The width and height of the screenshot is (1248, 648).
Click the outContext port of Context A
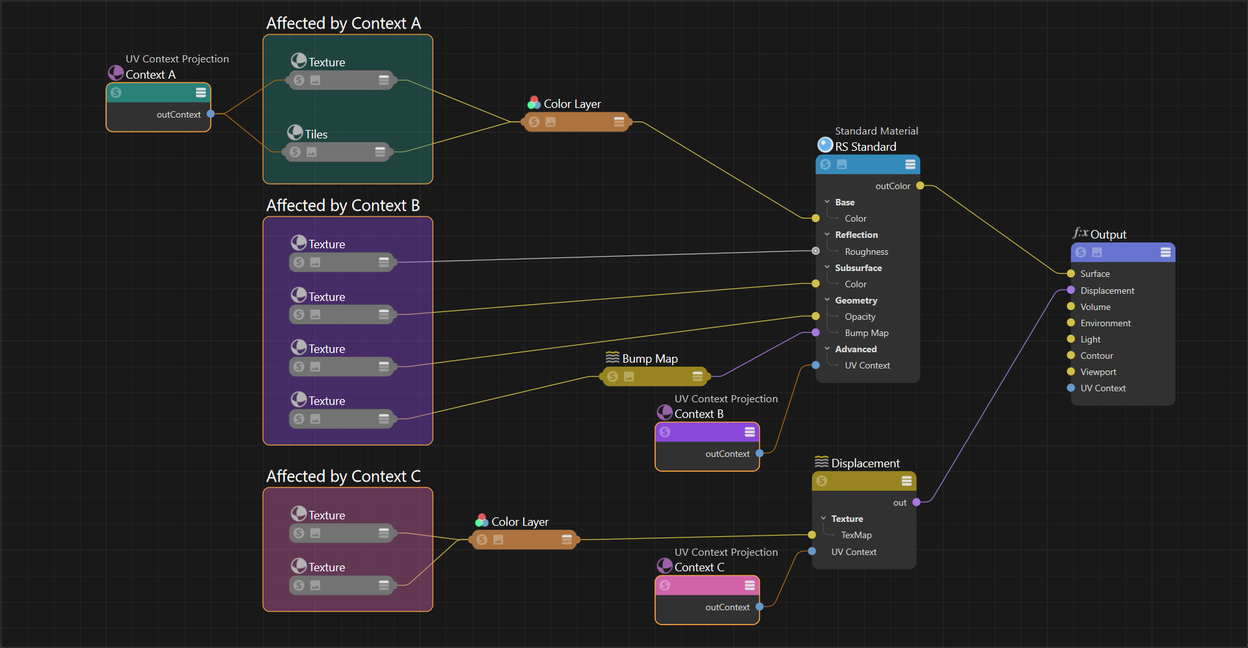[211, 114]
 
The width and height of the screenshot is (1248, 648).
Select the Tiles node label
[316, 135]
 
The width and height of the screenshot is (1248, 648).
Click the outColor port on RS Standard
[920, 186]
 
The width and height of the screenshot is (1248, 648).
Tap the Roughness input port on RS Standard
[816, 251]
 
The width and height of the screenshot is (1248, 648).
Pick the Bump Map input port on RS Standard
[816, 333]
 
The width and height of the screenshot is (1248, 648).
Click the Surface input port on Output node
[1071, 274]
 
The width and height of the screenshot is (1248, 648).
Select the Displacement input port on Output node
[1071, 290]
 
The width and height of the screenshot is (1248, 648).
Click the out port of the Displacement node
[916, 502]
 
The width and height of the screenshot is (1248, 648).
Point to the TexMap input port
[812, 535]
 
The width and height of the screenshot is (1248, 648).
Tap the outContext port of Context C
[759, 606]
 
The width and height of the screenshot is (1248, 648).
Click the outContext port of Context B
[759, 453]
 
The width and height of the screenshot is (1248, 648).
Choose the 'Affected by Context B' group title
[343, 205]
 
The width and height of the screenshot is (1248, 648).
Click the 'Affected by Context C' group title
[344, 476]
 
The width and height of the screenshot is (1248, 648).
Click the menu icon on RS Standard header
[910, 164]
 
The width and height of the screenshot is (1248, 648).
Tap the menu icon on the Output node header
[1165, 252]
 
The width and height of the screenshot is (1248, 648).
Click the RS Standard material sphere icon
[825, 144]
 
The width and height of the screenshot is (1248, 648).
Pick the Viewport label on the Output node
[1098, 372]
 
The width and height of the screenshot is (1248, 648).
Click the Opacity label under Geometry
[860, 317]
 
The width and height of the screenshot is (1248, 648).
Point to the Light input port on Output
[1071, 339]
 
